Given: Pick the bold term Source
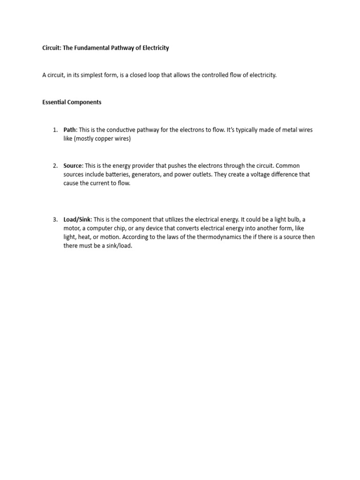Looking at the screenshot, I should click(73, 166).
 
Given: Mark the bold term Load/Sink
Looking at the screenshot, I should click(77, 219).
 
